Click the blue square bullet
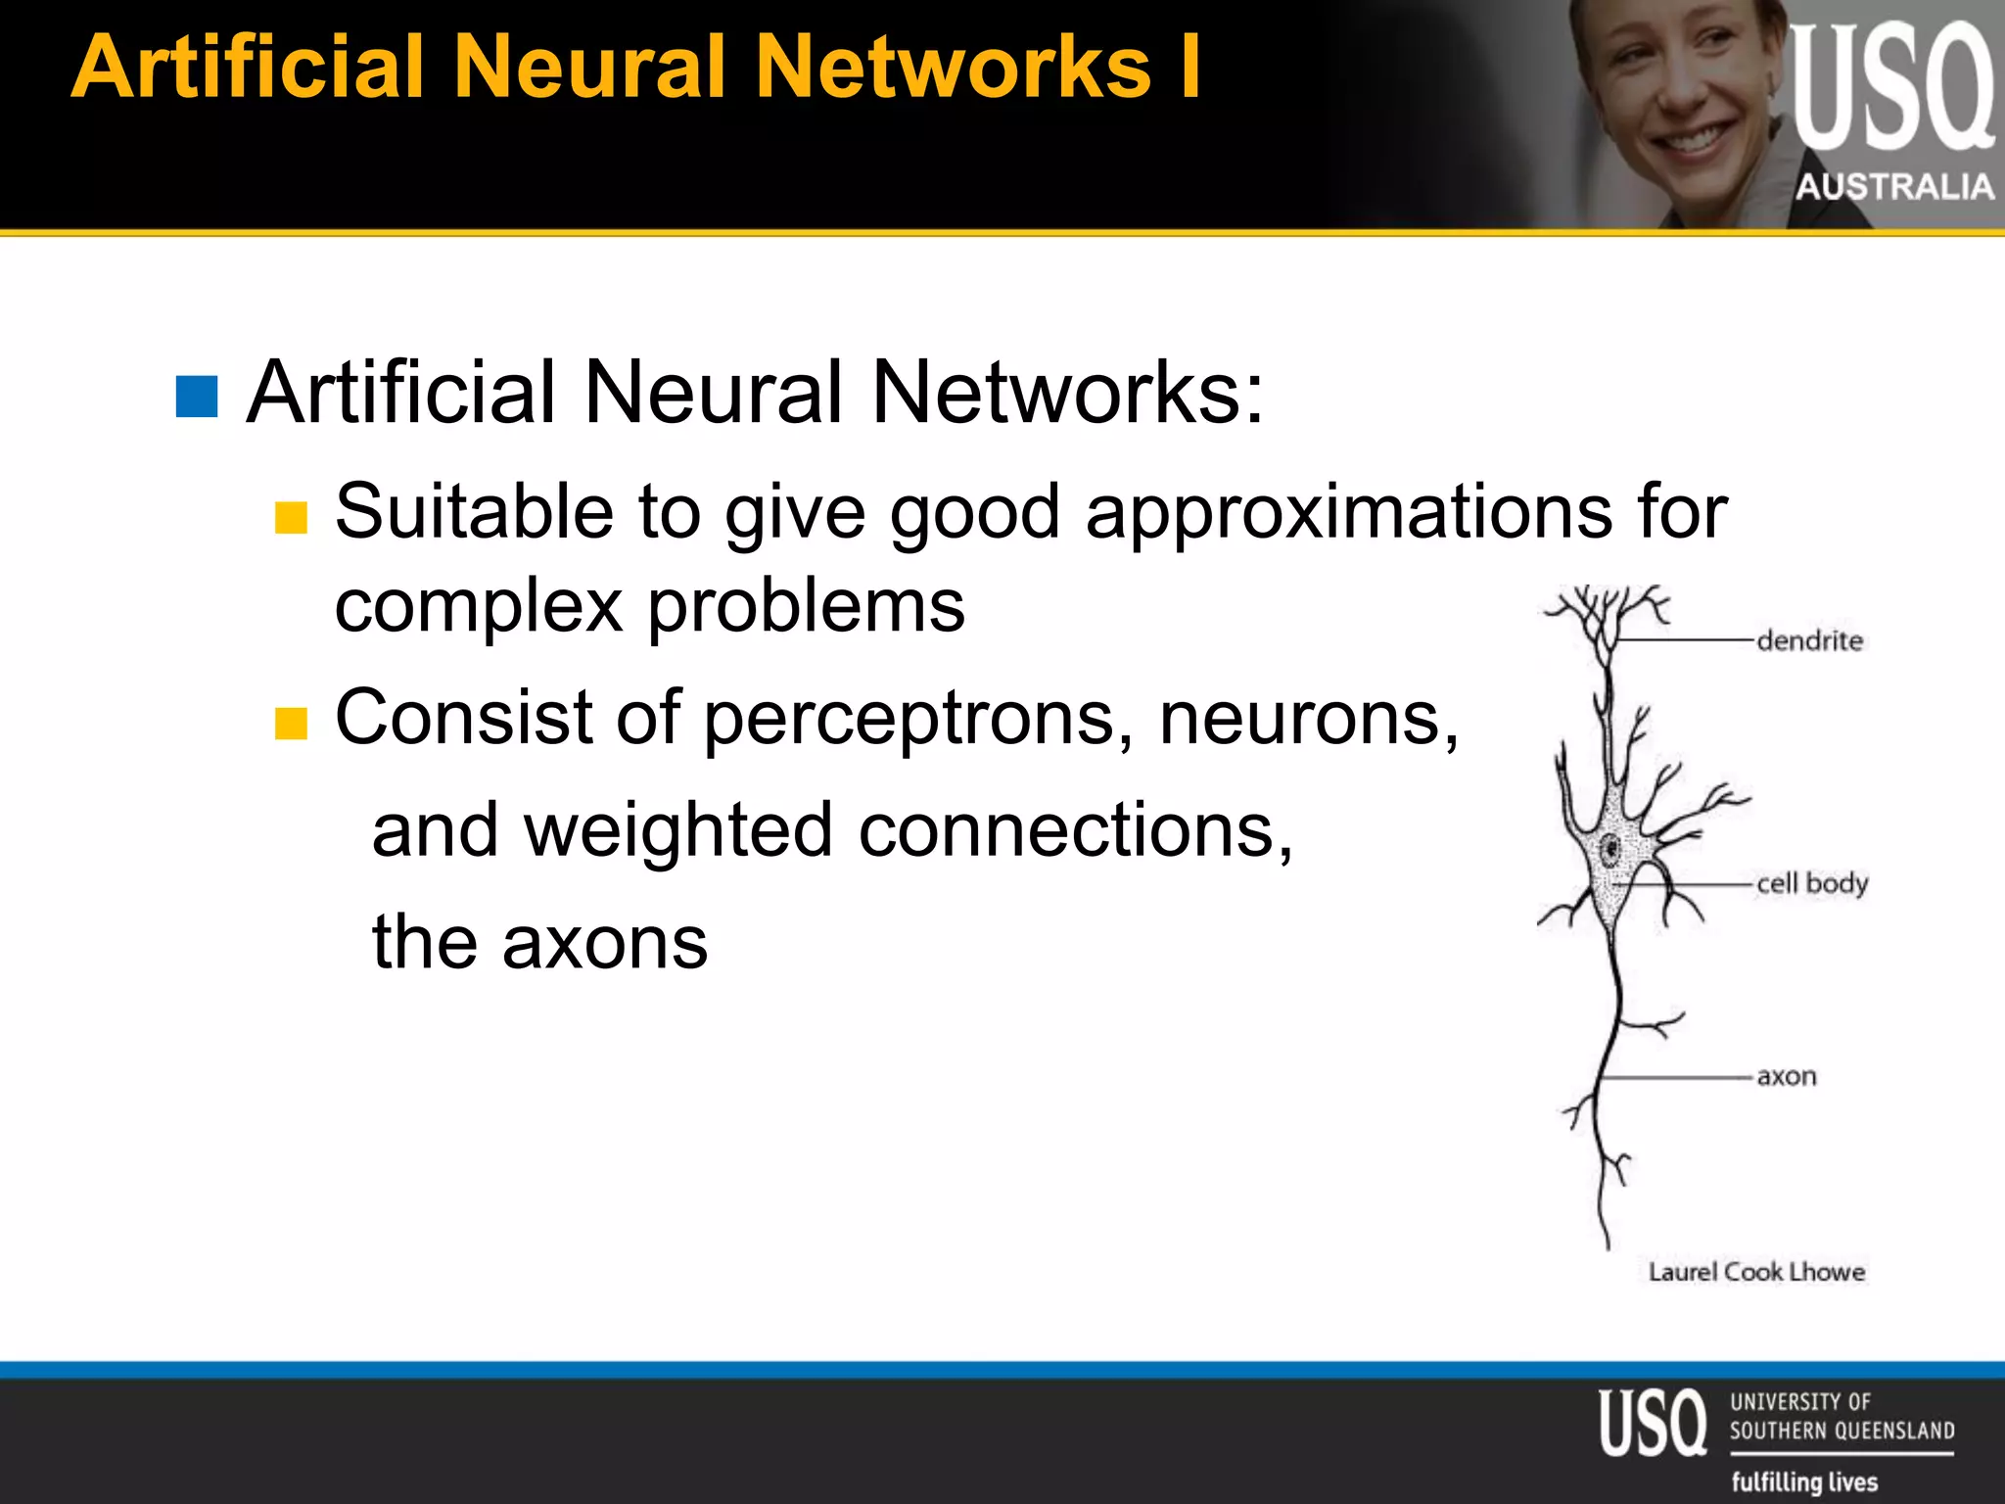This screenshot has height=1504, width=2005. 197,397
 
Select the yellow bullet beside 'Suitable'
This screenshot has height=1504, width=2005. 291,517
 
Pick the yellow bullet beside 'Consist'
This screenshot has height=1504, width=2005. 291,724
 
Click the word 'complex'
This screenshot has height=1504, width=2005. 479,607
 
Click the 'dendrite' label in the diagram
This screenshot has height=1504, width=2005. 1809,641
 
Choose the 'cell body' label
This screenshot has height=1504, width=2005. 1811,883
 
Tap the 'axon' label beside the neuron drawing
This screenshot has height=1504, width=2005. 1786,1077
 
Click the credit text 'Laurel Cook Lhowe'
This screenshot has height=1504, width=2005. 1756,1272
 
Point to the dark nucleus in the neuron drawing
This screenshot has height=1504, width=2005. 1609,850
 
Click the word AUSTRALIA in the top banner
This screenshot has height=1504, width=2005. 1894,186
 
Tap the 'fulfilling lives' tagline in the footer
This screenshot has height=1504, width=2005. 1804,1481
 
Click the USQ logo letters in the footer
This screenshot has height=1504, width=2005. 1653,1423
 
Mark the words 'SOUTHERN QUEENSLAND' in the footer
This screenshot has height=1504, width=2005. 1842,1431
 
